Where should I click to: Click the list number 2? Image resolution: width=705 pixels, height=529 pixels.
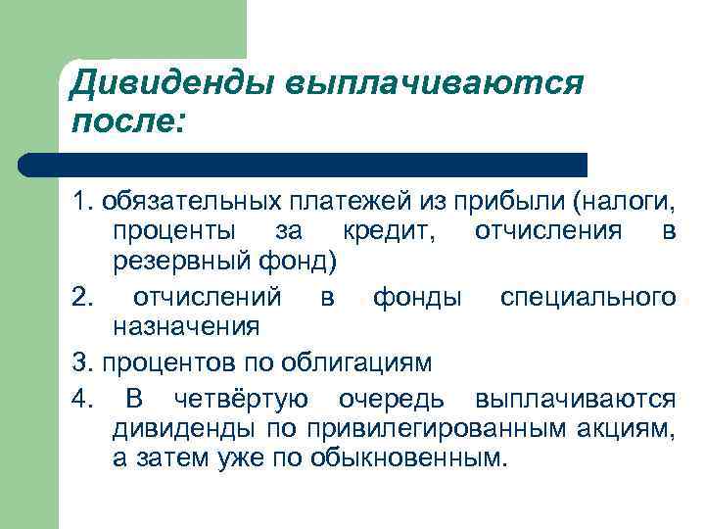(80, 295)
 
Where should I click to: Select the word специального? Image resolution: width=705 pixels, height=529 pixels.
(587, 295)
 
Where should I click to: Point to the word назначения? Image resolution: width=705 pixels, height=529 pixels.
(185, 325)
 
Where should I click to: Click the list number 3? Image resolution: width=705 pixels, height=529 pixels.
(80, 361)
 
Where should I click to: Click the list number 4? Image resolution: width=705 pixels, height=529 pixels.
(80, 399)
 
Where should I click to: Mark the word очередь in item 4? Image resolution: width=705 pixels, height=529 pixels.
(397, 399)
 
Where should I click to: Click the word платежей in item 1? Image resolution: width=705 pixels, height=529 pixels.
(330, 203)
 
